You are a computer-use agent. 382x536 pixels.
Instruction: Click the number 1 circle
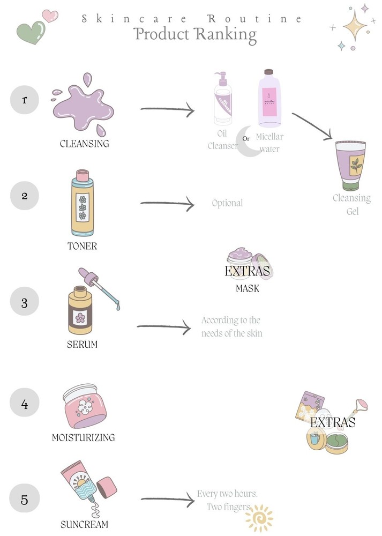click(x=25, y=100)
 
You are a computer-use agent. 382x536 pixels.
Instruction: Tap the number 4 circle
click(x=25, y=404)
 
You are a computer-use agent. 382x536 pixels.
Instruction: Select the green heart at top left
click(x=31, y=33)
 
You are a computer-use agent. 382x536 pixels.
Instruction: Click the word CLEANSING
click(x=84, y=144)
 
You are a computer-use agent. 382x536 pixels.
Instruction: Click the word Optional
click(x=227, y=203)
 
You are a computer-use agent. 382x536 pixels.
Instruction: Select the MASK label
click(x=248, y=288)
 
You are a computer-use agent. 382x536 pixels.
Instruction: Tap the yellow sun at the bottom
click(x=259, y=518)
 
